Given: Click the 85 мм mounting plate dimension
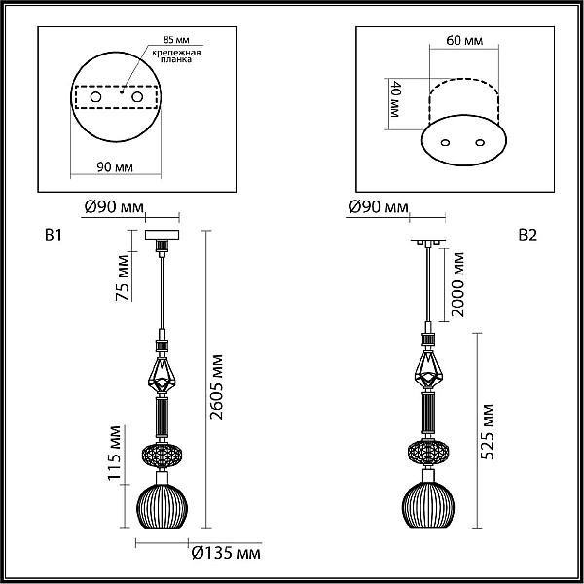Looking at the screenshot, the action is (176, 40).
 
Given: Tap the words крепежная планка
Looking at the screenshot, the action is (176, 55).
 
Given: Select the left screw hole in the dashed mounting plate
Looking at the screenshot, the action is (95, 97).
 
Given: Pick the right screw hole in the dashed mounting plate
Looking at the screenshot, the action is (137, 97).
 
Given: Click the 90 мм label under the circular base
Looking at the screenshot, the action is (115, 167).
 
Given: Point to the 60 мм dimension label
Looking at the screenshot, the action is (464, 40).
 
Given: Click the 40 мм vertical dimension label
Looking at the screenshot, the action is (395, 99).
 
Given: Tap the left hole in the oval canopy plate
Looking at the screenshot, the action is (445, 143).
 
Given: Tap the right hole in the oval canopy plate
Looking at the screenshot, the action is (480, 143).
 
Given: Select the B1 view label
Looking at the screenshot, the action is (54, 236).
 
